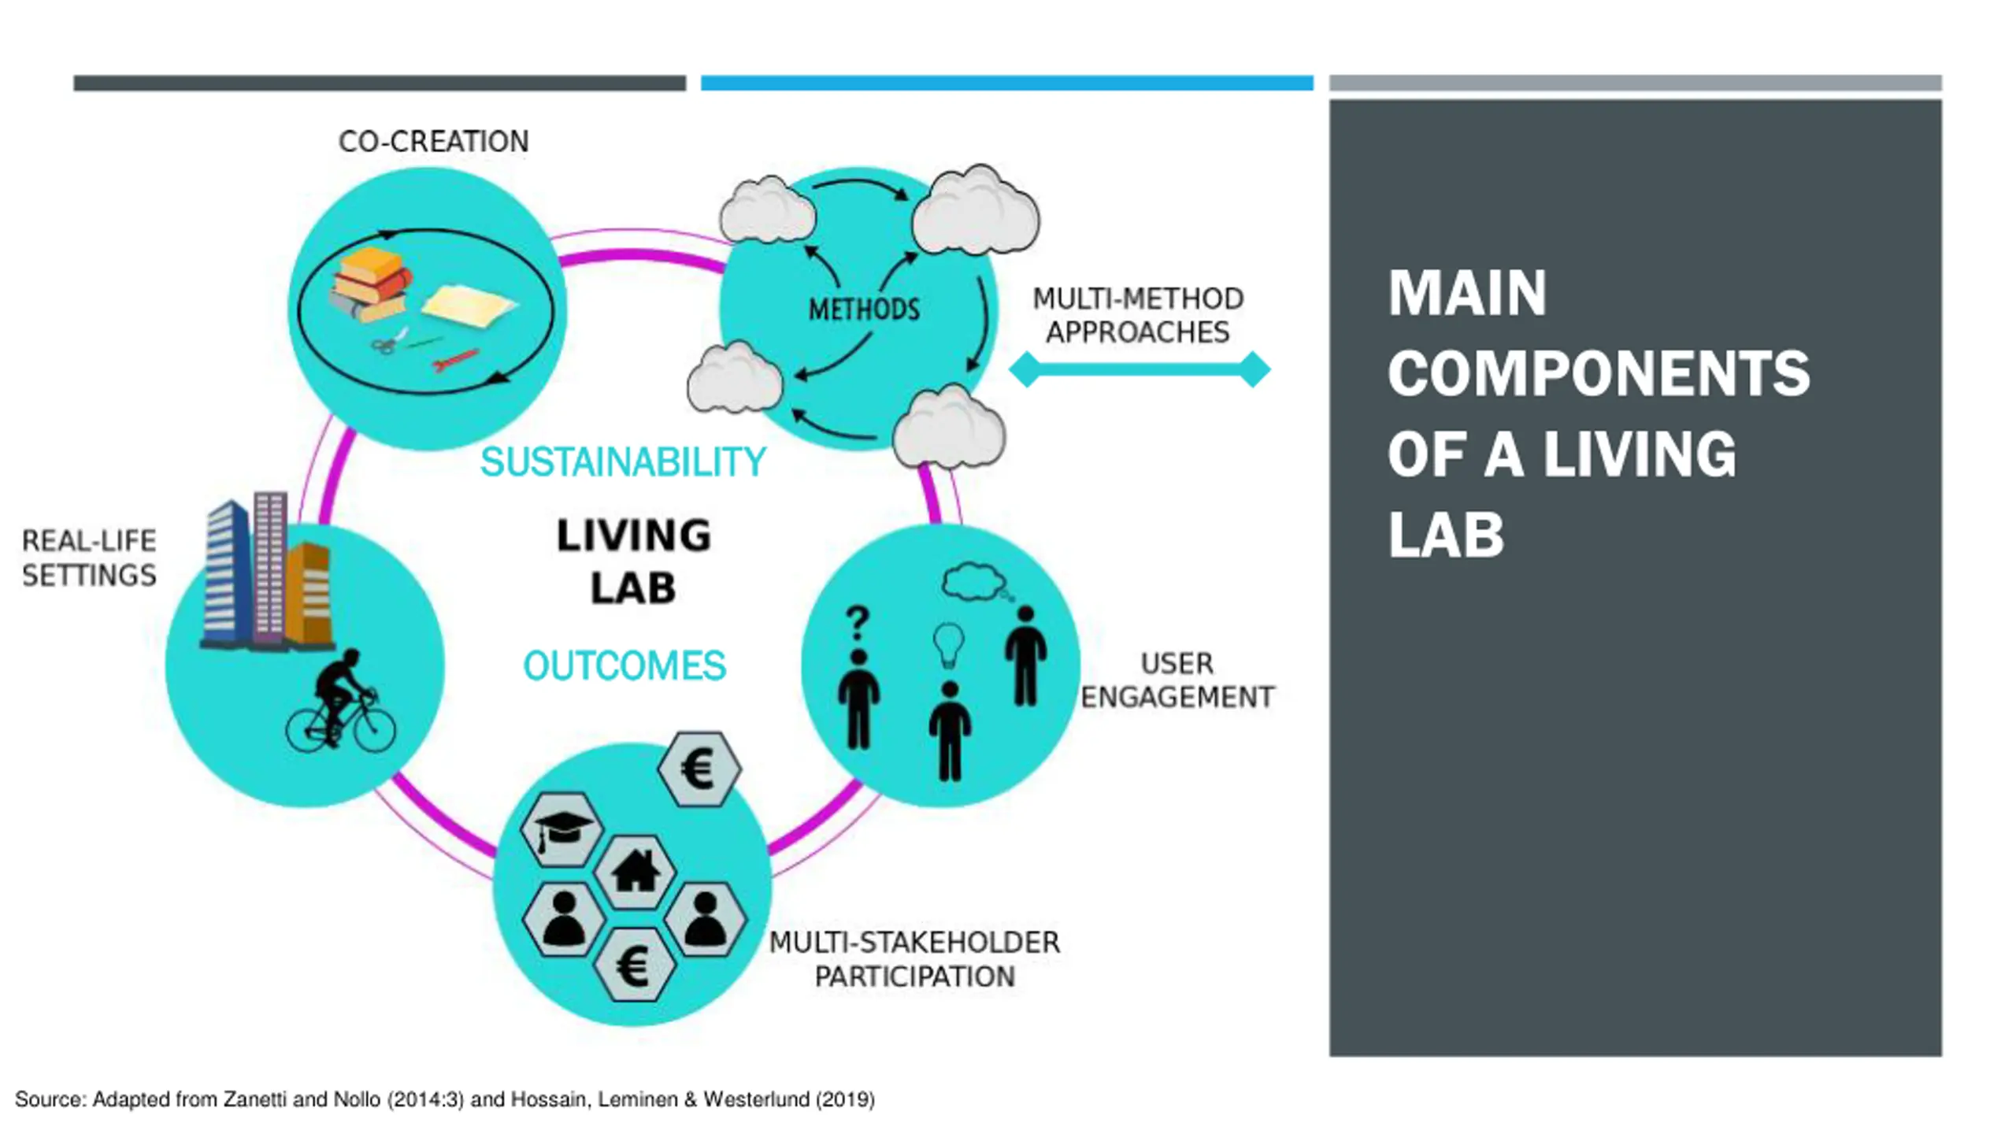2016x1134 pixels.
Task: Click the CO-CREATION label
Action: point(433,142)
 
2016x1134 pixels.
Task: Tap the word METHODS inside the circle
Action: point(864,309)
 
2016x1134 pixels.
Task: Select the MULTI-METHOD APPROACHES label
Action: point(1138,315)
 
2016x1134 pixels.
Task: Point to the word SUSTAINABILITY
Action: point(622,462)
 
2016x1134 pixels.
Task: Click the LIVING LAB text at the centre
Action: point(633,561)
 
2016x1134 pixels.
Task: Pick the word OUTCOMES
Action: point(624,666)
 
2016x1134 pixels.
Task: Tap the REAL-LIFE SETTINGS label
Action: point(89,558)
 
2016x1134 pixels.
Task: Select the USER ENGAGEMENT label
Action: point(1177,680)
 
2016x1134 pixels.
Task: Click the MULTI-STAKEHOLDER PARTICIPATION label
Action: point(913,959)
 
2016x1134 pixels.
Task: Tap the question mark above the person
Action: point(858,624)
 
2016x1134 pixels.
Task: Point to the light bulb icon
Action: point(948,644)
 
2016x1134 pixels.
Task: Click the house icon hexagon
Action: point(635,873)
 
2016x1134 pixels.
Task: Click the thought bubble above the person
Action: point(973,581)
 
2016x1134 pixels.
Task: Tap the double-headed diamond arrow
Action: point(1139,369)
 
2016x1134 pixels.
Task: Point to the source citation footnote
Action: point(445,1099)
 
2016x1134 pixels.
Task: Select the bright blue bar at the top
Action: point(1006,83)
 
